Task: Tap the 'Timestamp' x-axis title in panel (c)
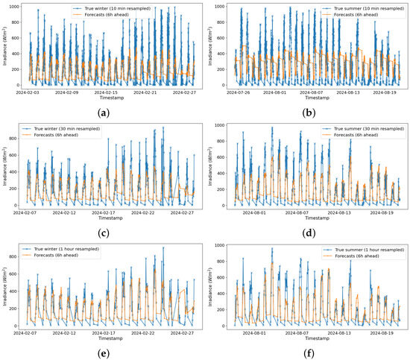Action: coord(104,218)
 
